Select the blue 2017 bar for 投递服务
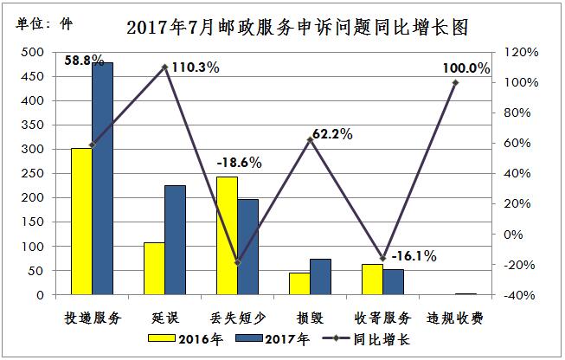[x=102, y=178]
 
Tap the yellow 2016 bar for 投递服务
[x=81, y=222]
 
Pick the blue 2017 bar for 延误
[x=175, y=240]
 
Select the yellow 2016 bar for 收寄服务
[x=372, y=280]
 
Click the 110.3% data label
[x=195, y=67]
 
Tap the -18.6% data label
[x=239, y=162]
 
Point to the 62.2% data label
[x=329, y=134]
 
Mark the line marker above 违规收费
[x=455, y=83]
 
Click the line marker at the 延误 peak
[x=164, y=67]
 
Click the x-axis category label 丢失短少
[x=236, y=317]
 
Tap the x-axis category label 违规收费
[x=455, y=317]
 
